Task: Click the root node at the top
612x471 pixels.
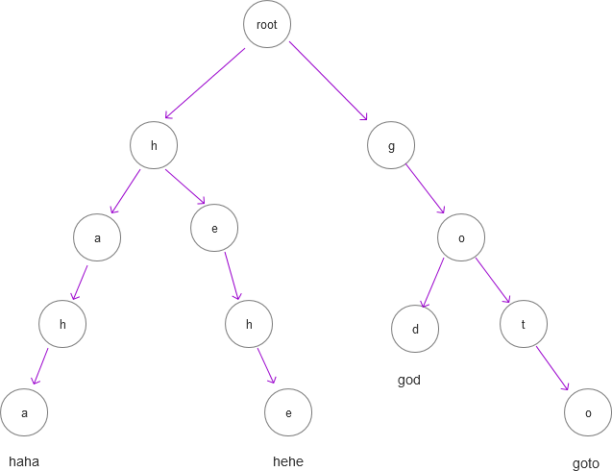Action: coord(266,24)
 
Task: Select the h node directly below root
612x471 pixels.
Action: coord(154,146)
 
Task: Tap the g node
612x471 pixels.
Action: coord(391,146)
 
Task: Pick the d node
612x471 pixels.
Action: coord(415,330)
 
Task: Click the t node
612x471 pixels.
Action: coord(524,324)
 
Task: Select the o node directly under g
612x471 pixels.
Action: coord(461,236)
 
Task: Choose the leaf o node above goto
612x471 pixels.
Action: coord(588,411)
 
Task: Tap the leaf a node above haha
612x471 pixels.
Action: coord(24,412)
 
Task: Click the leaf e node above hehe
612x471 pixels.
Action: coord(288,412)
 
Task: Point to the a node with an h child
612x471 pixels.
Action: coord(97,236)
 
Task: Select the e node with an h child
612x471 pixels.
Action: coord(213,228)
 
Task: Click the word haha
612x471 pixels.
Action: coord(24,461)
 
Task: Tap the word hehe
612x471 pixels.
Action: coord(288,461)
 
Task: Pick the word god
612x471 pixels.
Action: coord(409,381)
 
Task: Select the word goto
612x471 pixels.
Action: coord(586,463)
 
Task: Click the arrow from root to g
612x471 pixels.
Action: coord(329,82)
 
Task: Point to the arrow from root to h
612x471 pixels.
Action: coord(206,85)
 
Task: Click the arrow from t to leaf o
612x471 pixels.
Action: coord(553,368)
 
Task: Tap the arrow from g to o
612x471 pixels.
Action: coord(426,189)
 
